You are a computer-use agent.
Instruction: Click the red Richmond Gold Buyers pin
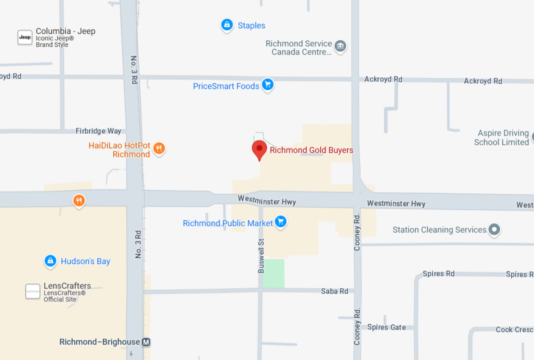(259, 149)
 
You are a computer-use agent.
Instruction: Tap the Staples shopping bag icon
(227, 25)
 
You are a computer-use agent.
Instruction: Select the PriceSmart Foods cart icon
(267, 85)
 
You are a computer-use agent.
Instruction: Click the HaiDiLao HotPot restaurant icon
(159, 148)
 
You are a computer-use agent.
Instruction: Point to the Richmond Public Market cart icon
(280, 221)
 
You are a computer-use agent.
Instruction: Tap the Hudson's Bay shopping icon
(50, 261)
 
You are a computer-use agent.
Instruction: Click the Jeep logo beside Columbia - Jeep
(25, 37)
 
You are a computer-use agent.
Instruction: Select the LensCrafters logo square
(33, 292)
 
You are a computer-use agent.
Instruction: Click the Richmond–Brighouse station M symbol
(146, 342)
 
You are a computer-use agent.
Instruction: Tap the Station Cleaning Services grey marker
(494, 229)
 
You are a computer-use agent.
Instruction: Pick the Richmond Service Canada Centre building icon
(340, 46)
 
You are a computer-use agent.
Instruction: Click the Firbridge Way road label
(98, 131)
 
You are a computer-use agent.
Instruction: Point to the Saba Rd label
(334, 291)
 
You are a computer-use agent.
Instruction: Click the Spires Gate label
(387, 327)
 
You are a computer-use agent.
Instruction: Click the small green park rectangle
(273, 273)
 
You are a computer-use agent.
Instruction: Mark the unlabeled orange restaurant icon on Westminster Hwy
(79, 201)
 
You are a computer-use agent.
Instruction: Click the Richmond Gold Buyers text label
(311, 150)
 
